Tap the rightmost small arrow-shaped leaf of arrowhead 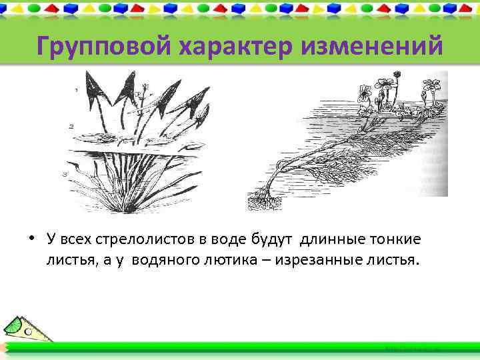[199, 120]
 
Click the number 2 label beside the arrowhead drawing [71, 125]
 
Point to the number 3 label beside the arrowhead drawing [65, 174]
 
